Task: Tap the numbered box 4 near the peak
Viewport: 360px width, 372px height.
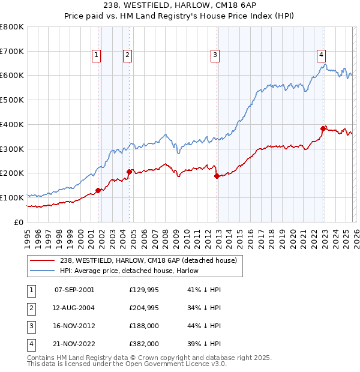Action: pos(322,54)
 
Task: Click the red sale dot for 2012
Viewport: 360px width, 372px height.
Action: pos(217,176)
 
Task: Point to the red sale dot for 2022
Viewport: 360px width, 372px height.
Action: pos(323,128)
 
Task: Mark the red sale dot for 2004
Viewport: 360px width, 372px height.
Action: pos(129,172)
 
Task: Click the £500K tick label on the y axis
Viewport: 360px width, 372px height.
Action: pos(11,100)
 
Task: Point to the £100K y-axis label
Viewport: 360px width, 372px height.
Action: pos(11,197)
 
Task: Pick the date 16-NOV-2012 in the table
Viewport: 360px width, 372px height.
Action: pos(74,325)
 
